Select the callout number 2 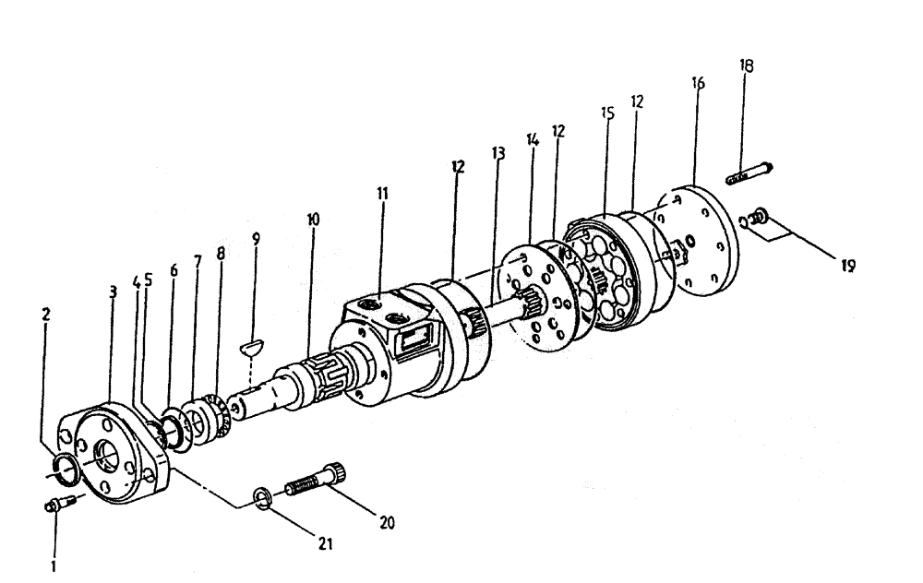[46, 314]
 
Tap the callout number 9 [257, 238]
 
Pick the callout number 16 [698, 83]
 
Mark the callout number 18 [746, 65]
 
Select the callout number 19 [848, 267]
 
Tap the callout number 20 [387, 523]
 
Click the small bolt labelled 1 [54, 504]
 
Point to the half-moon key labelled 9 [251, 347]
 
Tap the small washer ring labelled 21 [262, 500]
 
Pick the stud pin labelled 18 [749, 172]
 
